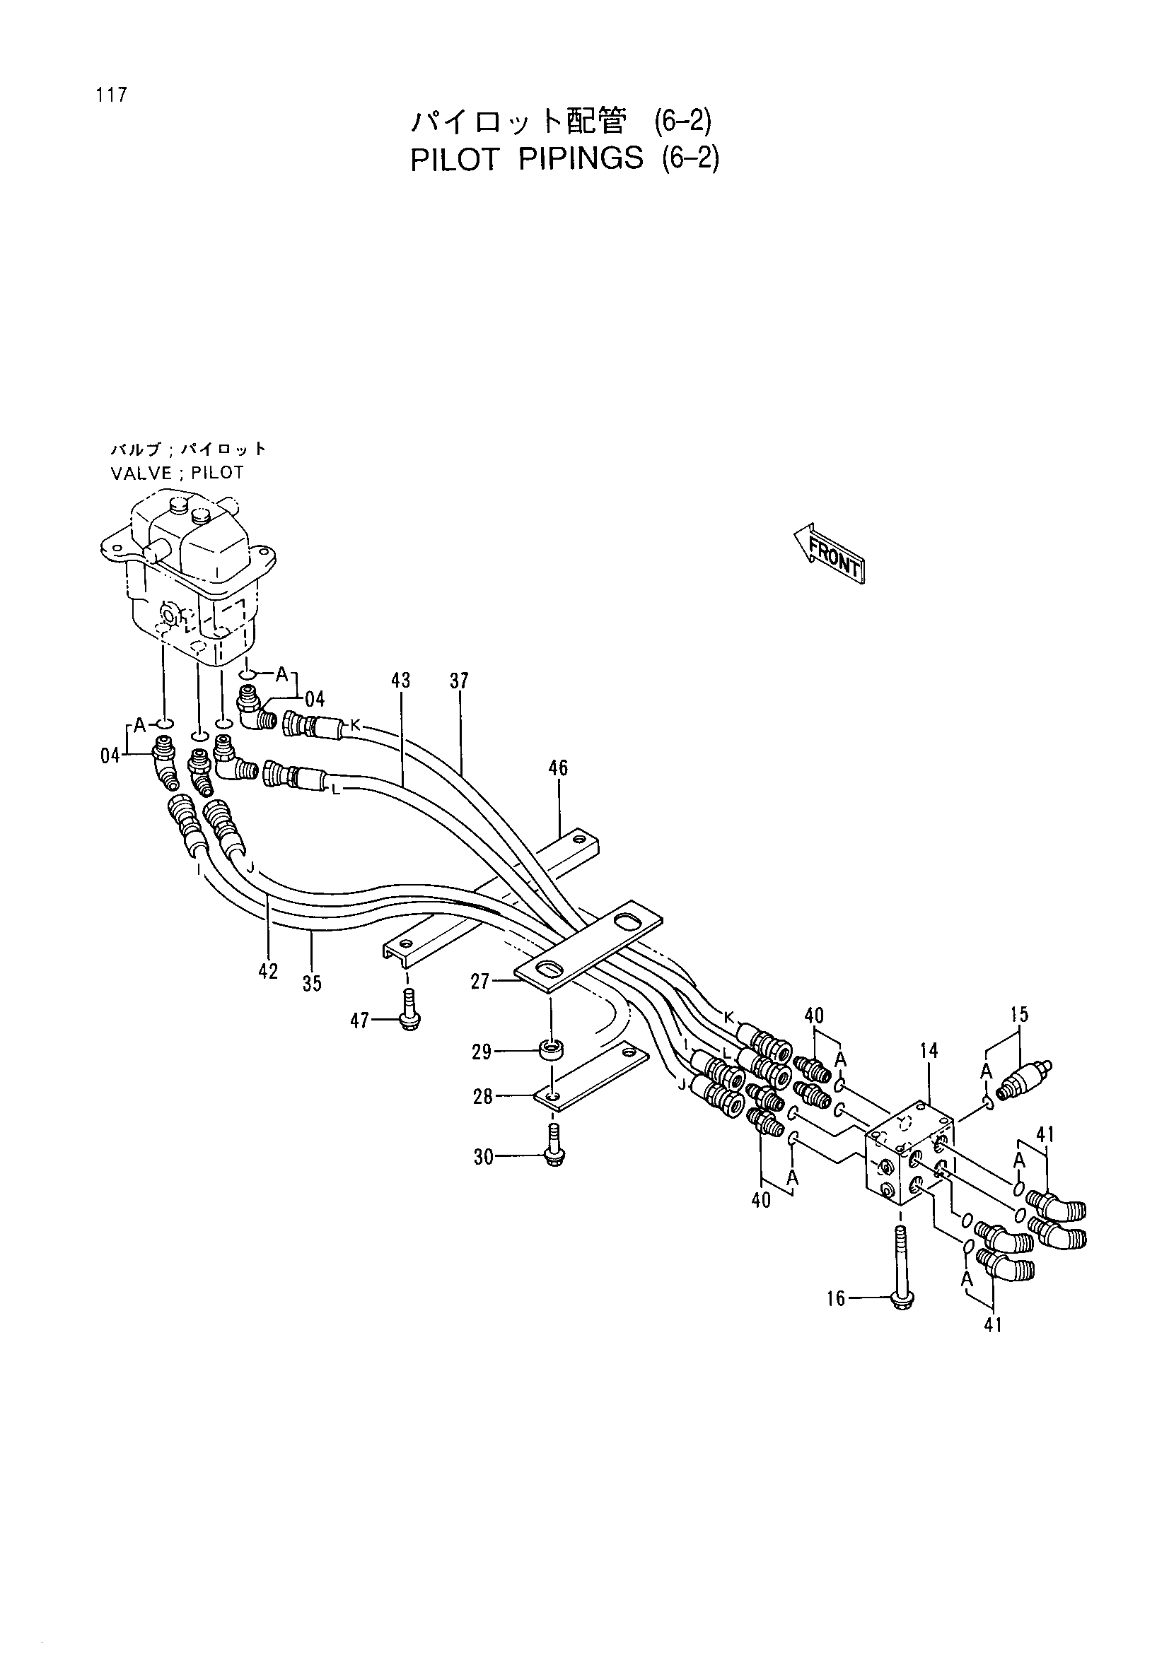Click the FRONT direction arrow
pos(828,552)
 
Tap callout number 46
pos(558,768)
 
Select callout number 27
pos(480,982)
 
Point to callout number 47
pos(359,1020)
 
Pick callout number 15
pos(1019,1015)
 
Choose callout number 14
pos(929,1051)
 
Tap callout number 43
pos(401,681)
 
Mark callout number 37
pos(459,681)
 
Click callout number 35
pos(312,984)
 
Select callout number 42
pos(268,972)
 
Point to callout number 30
pos(483,1157)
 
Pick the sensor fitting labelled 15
pos(1023,1076)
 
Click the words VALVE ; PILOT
pos(178,473)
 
